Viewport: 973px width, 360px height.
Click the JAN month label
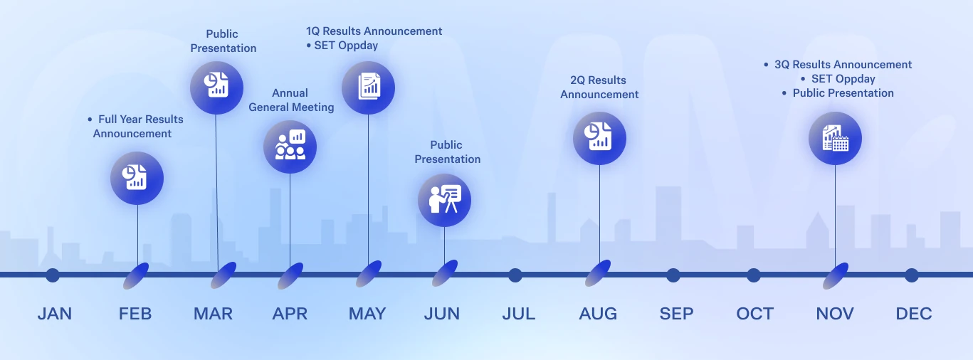[55, 314]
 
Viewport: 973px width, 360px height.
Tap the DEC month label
[914, 314]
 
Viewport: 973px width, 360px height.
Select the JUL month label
[519, 314]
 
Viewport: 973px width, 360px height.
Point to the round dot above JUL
[515, 275]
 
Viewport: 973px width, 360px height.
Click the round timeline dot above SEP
[673, 275]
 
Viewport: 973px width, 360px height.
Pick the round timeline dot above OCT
[754, 275]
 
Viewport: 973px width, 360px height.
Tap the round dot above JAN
[53, 275]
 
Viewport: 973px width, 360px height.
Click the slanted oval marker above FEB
[136, 276]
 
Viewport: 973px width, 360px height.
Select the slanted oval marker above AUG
[598, 273]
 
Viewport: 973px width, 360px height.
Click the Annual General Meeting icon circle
[290, 147]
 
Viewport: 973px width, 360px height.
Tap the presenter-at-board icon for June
[444, 200]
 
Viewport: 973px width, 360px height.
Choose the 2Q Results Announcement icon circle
[599, 138]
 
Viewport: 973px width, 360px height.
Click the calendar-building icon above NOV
[835, 138]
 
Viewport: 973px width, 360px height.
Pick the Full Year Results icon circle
[137, 178]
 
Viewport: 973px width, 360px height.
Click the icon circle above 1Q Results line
[368, 88]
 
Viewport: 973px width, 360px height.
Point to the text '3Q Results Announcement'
[843, 64]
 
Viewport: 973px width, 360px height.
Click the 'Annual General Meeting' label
[291, 100]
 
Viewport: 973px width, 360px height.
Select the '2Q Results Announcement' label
[599, 87]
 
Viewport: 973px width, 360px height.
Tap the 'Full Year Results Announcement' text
[137, 126]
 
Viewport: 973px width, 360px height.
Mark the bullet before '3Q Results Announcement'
[766, 65]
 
